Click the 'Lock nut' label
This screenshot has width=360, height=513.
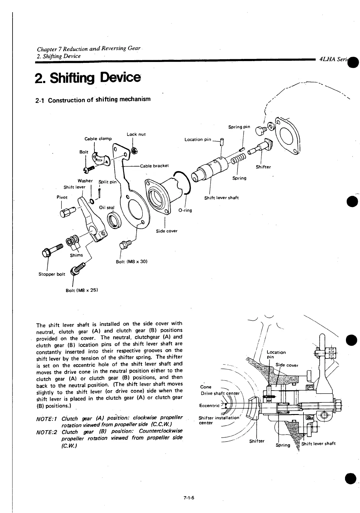[136, 134]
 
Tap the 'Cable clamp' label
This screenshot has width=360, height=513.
[98, 139]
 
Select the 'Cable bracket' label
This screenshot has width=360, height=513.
[154, 166]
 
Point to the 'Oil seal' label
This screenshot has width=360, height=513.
[106, 208]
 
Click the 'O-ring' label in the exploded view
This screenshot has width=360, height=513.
[185, 210]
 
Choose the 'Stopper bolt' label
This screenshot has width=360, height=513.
[52, 274]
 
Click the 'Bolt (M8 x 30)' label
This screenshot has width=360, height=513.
[132, 261]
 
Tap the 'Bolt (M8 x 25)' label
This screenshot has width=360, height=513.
[82, 290]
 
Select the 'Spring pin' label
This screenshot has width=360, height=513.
[239, 127]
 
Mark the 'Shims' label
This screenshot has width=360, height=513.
[76, 255]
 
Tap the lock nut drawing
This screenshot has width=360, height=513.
[133, 150]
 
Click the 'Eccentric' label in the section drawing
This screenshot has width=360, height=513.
[209, 406]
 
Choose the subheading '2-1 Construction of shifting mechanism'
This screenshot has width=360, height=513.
[93, 100]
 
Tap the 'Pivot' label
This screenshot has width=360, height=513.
[62, 197]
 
